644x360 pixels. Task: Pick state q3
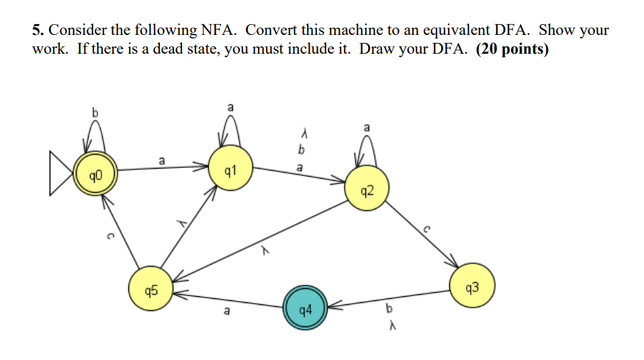click(472, 287)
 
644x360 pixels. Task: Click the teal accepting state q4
click(305, 310)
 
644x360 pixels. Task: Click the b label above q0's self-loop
click(95, 114)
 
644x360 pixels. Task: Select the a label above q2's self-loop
click(366, 127)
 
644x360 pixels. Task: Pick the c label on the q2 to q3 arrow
click(425, 229)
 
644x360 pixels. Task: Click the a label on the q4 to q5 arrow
click(227, 311)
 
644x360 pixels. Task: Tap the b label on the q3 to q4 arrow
click(387, 310)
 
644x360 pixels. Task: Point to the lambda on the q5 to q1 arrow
click(181, 224)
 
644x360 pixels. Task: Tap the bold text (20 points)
click(512, 50)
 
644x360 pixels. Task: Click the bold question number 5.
click(38, 30)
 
